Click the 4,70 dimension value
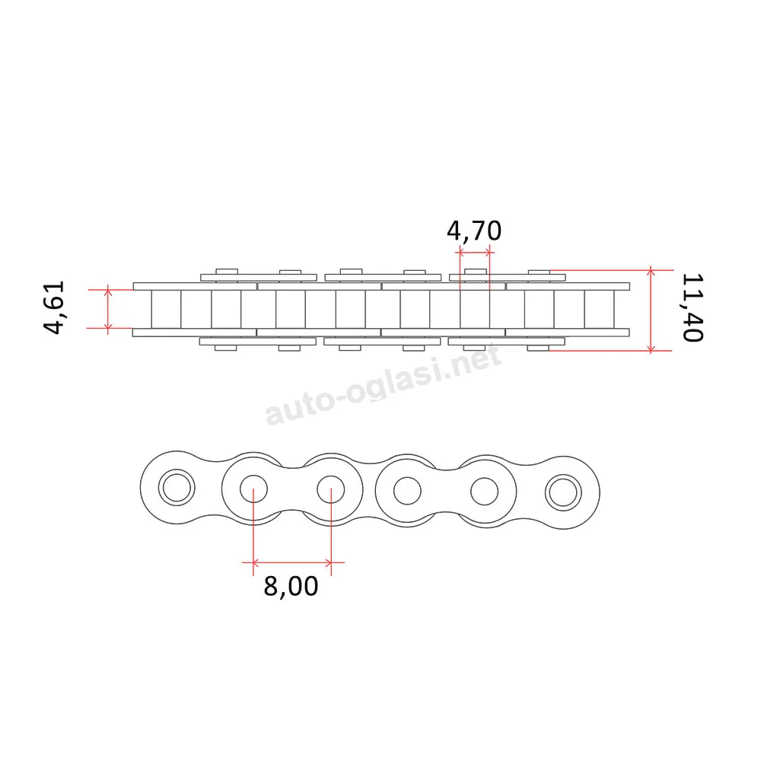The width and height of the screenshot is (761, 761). point(473,231)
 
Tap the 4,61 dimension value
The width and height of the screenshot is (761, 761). point(54,307)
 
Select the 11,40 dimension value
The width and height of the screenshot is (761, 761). point(693,307)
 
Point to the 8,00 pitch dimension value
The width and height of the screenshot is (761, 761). point(291,586)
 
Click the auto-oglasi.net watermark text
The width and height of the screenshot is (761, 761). point(383,384)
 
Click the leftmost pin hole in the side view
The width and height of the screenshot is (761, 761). point(177,487)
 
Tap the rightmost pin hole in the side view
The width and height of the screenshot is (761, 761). point(563,492)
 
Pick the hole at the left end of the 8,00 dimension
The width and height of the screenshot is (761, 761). point(253,489)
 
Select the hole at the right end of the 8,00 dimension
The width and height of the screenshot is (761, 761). point(331,489)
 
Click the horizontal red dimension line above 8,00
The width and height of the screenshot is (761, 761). point(292,563)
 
